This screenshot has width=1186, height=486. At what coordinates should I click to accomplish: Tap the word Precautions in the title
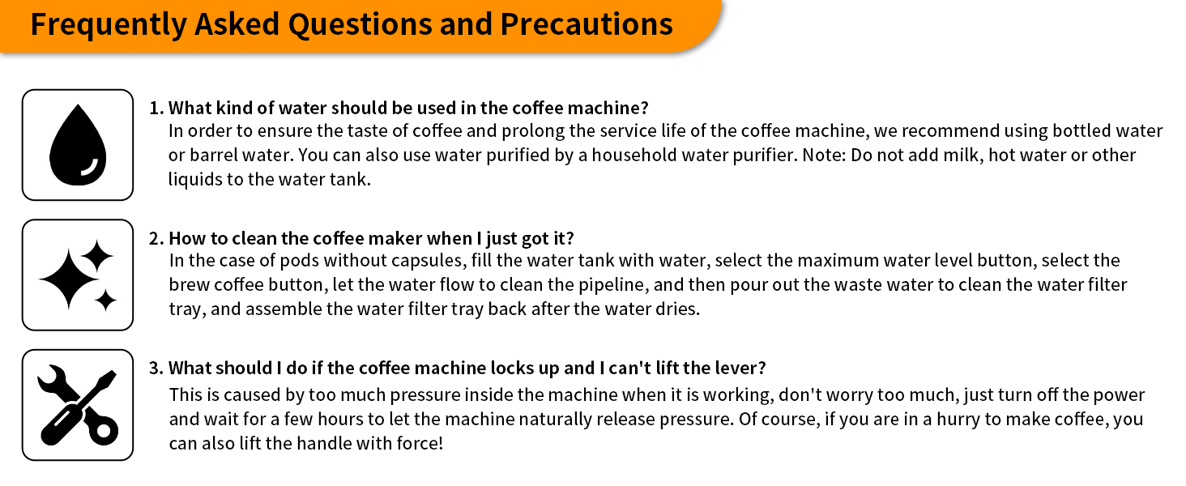click(x=587, y=24)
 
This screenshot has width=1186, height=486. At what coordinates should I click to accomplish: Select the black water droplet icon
click(x=78, y=144)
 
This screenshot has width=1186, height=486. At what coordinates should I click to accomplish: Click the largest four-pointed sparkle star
click(x=69, y=279)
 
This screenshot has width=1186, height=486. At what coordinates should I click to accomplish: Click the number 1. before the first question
click(x=156, y=108)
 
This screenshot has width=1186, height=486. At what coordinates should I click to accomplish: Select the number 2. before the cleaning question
click(x=156, y=238)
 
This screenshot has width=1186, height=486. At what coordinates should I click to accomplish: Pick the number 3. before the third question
click(x=156, y=368)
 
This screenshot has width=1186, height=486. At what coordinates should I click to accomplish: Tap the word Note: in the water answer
click(x=824, y=156)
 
